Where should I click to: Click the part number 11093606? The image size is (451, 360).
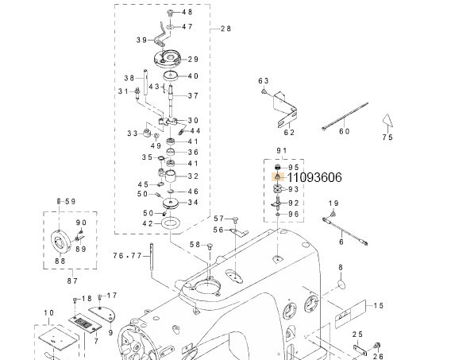pos(314,177)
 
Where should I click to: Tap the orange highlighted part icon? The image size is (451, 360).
pos(278,176)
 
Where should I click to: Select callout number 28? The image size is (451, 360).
pos(225,29)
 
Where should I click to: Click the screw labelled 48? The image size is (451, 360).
pos(170,13)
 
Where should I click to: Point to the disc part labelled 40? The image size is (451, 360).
pos(171,76)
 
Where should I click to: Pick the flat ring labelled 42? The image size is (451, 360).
pos(171,223)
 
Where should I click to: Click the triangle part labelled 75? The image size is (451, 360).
pos(387,120)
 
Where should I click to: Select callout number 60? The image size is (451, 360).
pos(345,131)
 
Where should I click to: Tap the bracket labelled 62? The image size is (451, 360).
pos(286,110)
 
